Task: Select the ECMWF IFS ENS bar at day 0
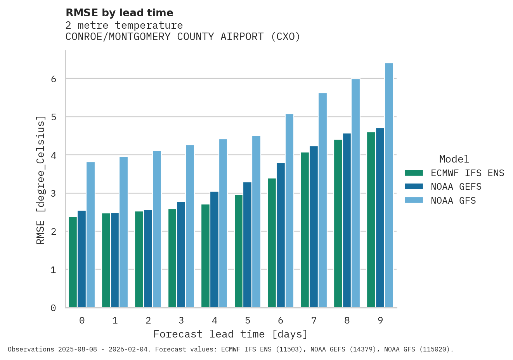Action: click(73, 262)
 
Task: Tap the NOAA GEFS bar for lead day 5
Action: click(247, 245)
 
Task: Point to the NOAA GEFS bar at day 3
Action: click(181, 254)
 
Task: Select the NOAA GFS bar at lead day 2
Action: click(157, 229)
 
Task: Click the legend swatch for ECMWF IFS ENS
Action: click(413, 173)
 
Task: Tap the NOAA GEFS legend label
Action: click(456, 187)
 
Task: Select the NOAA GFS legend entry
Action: click(453, 201)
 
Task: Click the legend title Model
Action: click(454, 159)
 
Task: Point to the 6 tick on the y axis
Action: click(54, 79)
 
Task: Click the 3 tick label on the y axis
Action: click(54, 194)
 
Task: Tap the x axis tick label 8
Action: click(347, 320)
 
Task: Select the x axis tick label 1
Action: click(115, 320)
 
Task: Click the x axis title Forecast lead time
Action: click(230, 334)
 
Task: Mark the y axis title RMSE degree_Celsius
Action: click(40, 180)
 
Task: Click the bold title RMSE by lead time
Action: click(120, 13)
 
